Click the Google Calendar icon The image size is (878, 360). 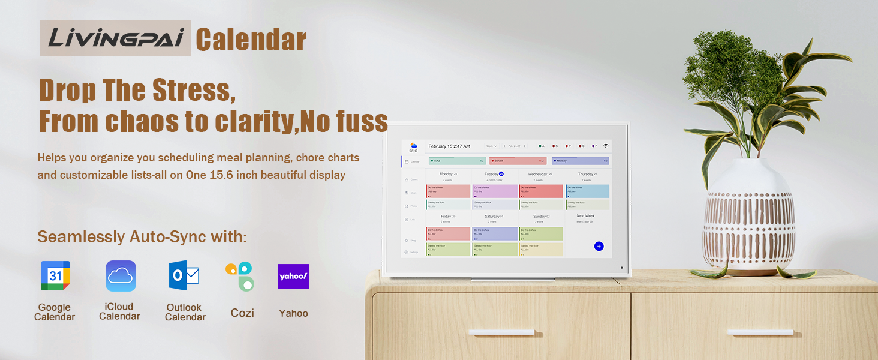(x=55, y=276)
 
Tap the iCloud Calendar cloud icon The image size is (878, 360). (x=121, y=276)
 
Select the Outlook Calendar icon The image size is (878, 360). (x=184, y=276)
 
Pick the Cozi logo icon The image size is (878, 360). (x=240, y=276)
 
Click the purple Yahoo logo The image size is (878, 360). (x=293, y=277)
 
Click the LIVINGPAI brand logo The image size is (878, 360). (x=115, y=38)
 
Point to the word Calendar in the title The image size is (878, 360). (x=251, y=40)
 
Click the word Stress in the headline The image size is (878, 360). (x=191, y=90)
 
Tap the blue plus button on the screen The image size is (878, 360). (x=599, y=246)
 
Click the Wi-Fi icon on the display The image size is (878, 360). (x=606, y=146)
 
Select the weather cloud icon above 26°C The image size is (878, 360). (x=413, y=145)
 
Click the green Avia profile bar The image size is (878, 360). (x=457, y=161)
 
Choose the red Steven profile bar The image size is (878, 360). (x=518, y=161)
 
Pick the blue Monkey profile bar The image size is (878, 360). (x=580, y=161)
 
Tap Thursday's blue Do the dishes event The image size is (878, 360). (x=587, y=191)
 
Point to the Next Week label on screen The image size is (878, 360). (x=585, y=216)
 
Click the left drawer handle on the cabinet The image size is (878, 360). (x=501, y=332)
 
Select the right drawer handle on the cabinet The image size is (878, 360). (x=760, y=332)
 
